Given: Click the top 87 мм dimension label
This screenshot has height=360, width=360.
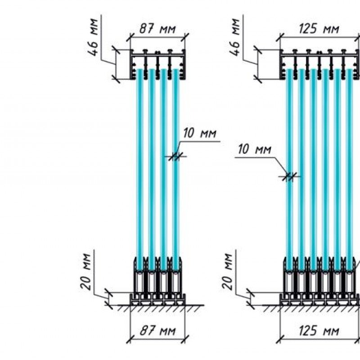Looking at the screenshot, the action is click(x=157, y=29).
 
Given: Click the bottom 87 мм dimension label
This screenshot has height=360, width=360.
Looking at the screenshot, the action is click(x=157, y=331).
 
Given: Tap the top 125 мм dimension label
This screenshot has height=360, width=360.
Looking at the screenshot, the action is click(x=319, y=29).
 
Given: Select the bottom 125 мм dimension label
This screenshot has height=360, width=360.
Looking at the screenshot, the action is click(x=319, y=331).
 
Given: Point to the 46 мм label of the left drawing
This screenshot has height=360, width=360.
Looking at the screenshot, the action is click(x=94, y=37).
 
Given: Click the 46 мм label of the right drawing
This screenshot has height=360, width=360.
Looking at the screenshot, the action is click(x=235, y=37).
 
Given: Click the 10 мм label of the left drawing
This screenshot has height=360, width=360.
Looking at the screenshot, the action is click(x=199, y=133).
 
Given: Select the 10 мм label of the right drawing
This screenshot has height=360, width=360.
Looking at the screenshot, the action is click(x=255, y=149).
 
